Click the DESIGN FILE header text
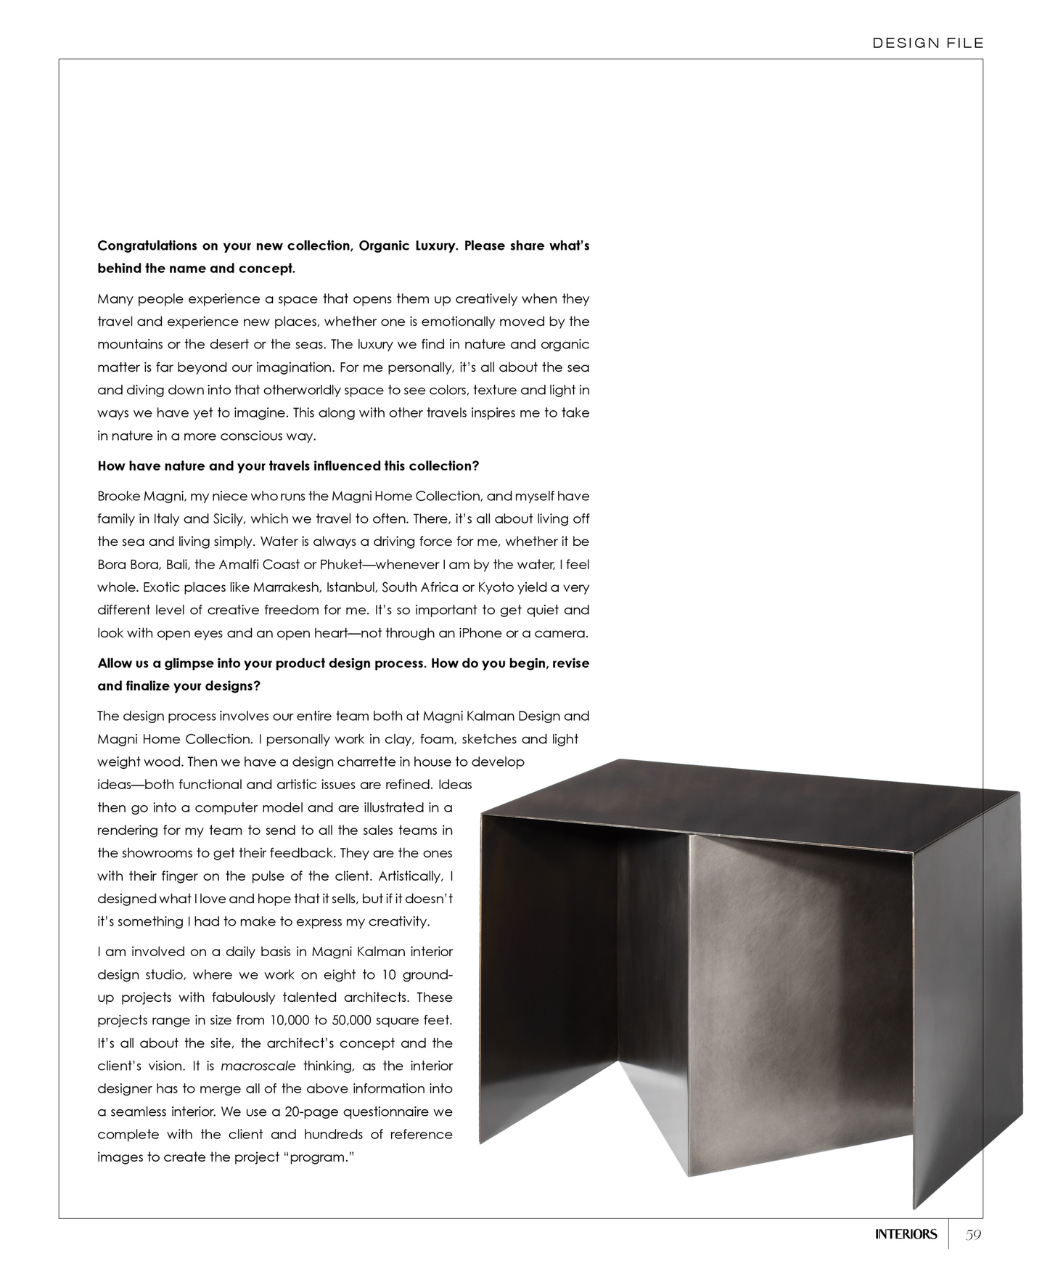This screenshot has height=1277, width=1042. point(928,43)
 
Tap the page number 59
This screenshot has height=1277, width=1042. point(973,1234)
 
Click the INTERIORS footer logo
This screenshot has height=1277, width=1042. point(906,1234)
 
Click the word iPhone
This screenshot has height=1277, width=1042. point(476,633)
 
